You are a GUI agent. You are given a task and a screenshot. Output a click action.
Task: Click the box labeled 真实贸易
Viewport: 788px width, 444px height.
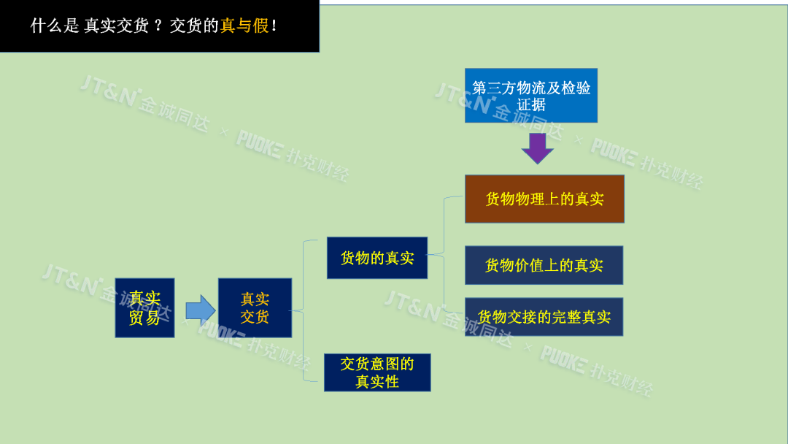[x=144, y=307]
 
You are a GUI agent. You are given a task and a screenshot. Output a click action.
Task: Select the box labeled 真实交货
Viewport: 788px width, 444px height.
[x=255, y=307]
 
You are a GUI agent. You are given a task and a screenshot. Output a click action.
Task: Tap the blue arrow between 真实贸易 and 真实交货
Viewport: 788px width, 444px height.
[x=200, y=310]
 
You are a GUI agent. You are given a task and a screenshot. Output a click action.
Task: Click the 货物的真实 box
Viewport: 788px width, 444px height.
[x=376, y=258]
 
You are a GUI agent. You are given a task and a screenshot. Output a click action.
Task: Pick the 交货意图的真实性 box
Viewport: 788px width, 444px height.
[x=377, y=372]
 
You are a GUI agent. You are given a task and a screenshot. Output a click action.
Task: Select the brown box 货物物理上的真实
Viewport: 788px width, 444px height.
[x=544, y=199]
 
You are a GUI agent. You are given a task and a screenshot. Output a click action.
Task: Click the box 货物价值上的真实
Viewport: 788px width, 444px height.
[x=544, y=265]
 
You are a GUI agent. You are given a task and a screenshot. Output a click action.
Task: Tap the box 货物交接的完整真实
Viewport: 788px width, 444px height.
[x=544, y=317]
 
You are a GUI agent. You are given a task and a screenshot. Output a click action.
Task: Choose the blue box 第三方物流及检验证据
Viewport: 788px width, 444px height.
[x=530, y=96]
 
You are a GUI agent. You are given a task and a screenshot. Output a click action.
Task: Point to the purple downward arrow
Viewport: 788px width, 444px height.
[x=538, y=148]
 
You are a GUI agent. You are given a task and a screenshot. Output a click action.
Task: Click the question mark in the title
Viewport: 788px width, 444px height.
[x=158, y=26]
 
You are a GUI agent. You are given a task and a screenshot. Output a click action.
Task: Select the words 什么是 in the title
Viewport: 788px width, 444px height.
[x=55, y=26]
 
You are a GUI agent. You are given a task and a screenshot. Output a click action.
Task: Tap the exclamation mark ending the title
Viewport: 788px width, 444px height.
[x=274, y=26]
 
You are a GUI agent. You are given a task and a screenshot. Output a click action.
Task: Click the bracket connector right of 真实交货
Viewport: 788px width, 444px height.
[x=304, y=310]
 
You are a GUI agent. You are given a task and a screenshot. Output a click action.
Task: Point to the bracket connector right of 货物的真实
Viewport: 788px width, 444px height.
[x=444, y=254]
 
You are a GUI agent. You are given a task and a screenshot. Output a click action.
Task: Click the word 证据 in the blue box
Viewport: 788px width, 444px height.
[x=531, y=104]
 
